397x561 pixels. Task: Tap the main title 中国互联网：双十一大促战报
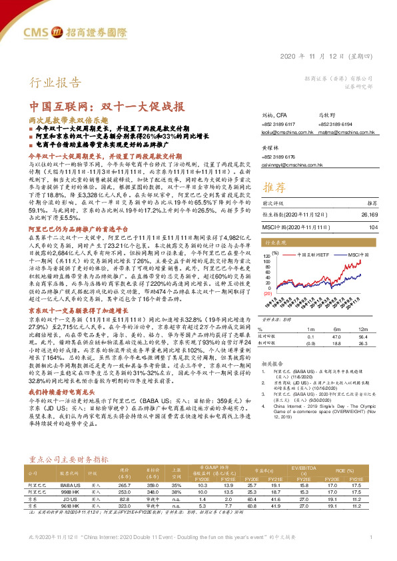(x=107, y=107)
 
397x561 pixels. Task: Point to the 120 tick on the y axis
(x=267, y=255)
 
